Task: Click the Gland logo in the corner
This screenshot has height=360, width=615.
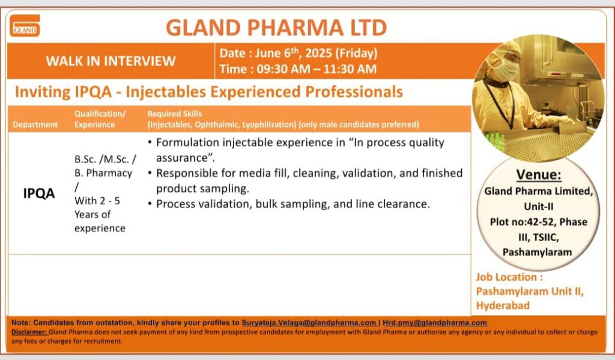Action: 25,25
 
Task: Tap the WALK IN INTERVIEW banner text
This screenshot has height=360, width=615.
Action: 111,61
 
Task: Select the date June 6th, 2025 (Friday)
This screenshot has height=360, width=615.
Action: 298,53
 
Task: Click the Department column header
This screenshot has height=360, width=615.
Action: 35,124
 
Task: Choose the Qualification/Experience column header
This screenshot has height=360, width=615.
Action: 100,119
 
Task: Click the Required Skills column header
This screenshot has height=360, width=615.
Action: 175,114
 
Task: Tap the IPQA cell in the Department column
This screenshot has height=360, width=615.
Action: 39,193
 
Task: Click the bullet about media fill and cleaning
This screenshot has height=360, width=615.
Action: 305,180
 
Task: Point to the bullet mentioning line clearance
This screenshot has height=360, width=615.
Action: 289,204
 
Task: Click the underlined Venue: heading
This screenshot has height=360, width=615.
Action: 539,174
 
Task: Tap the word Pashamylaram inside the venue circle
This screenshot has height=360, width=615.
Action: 537,252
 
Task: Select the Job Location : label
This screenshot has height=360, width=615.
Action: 509,277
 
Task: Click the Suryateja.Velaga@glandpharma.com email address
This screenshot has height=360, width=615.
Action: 309,323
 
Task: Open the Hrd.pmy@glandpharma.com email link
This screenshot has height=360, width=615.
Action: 435,323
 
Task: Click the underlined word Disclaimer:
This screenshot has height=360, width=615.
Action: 29,332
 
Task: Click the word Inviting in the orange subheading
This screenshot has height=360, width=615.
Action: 43,92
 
